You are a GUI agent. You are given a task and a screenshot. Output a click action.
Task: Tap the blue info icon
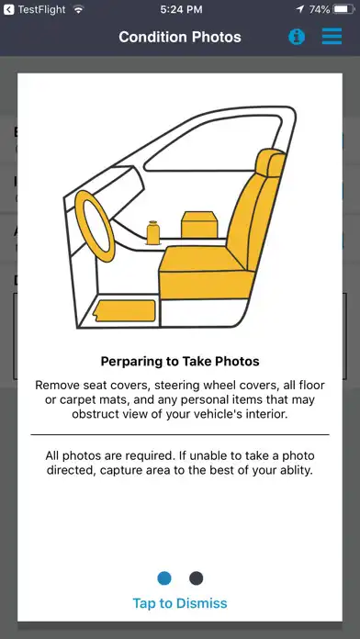click(x=297, y=37)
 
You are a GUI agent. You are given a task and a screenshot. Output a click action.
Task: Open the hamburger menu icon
click(x=332, y=37)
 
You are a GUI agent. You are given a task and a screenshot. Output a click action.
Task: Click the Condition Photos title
click(x=180, y=37)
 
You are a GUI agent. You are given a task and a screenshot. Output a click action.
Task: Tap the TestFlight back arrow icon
click(x=8, y=9)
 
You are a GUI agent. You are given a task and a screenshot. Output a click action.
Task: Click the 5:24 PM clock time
click(x=181, y=10)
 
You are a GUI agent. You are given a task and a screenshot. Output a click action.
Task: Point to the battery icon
click(x=344, y=9)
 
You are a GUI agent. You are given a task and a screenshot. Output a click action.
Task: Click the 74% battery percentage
click(x=319, y=10)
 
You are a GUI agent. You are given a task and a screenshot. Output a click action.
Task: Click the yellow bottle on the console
click(x=152, y=232)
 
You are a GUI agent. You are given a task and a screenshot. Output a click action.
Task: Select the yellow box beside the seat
click(x=199, y=225)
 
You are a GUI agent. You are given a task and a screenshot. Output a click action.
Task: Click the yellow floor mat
click(x=125, y=311)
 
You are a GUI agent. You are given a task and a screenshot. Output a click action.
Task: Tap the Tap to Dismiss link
click(x=180, y=603)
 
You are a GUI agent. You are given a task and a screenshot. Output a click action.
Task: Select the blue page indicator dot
click(x=164, y=578)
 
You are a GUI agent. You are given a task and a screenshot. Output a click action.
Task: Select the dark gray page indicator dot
click(x=197, y=578)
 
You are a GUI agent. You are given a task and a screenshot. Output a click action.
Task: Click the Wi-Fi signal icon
click(x=77, y=9)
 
